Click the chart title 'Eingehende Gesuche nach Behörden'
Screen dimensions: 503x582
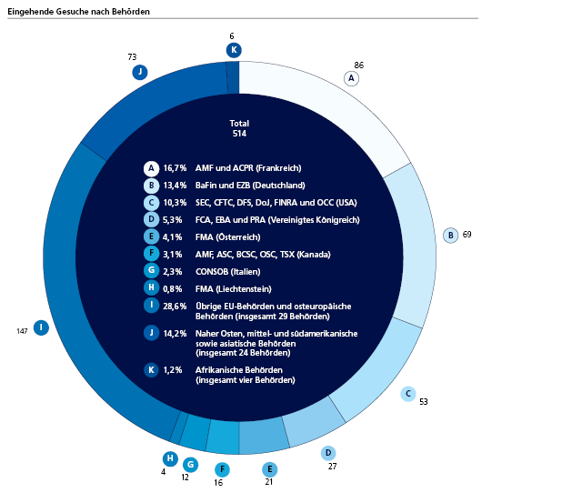(x=78, y=11)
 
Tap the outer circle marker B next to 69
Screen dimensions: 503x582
(x=450, y=235)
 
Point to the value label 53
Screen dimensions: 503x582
(x=424, y=401)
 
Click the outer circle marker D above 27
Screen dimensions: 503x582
(x=328, y=453)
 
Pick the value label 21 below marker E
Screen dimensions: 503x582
(x=269, y=482)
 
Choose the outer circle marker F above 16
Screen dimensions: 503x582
(x=221, y=469)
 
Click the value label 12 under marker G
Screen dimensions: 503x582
(x=185, y=477)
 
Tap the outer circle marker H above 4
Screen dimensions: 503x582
(x=169, y=458)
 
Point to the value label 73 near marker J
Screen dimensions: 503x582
(x=132, y=57)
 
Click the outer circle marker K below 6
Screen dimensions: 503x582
(x=234, y=50)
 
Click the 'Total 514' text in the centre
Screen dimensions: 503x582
(x=239, y=128)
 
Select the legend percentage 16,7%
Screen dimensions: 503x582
(x=175, y=168)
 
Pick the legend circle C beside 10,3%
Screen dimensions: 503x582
(x=152, y=203)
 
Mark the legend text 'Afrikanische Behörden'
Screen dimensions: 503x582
(x=238, y=370)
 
